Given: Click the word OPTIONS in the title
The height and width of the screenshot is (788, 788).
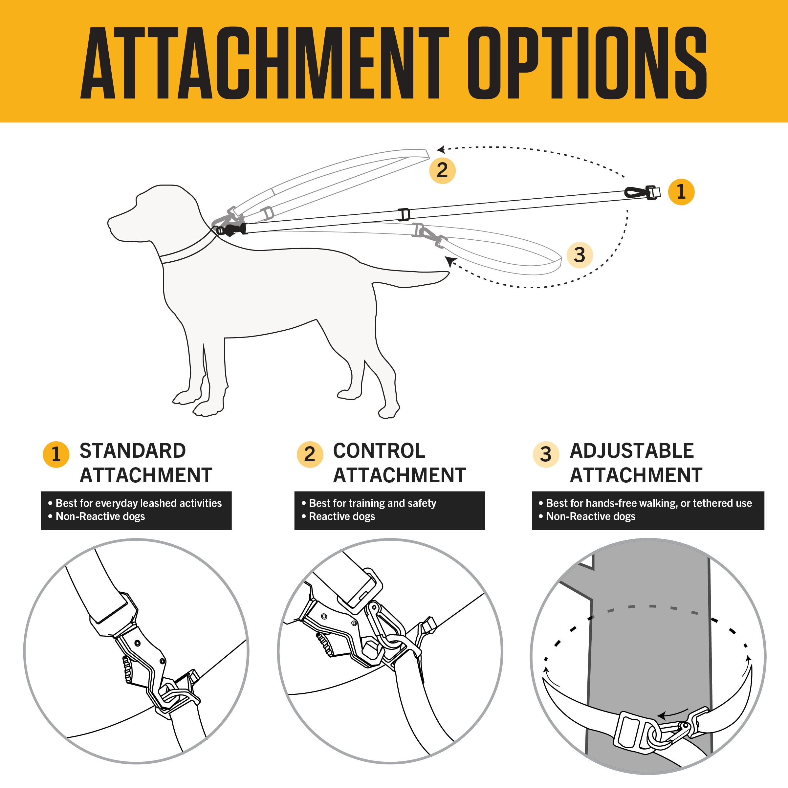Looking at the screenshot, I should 587,63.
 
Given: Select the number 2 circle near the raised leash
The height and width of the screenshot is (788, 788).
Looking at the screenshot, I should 442,170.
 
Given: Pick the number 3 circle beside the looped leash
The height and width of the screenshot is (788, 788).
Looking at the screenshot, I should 580,255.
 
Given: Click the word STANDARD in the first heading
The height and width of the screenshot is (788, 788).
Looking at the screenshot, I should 133,451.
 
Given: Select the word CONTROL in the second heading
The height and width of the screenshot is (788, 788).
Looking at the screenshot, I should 379,451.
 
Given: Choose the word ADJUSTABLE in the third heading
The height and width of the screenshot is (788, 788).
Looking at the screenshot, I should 631,451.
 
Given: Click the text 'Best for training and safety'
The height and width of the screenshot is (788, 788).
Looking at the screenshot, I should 372,503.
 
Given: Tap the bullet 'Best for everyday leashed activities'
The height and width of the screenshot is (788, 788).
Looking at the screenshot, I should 138,503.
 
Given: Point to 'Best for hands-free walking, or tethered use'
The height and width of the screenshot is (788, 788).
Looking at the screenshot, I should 648,503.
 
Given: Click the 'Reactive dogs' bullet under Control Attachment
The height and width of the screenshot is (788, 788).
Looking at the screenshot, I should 342,516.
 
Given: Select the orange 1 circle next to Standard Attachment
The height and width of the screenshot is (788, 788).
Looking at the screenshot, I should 56,454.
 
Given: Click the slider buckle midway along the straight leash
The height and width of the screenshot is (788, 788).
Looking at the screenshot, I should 404,214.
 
